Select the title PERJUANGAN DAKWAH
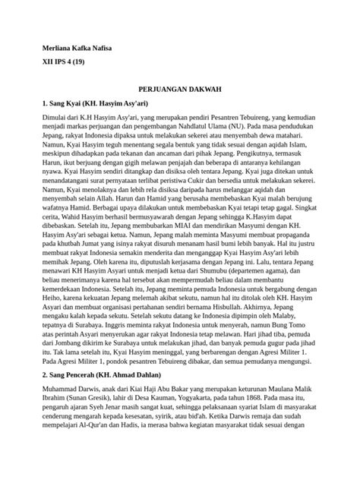(x=179, y=89)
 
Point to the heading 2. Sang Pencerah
(x=98, y=397)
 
